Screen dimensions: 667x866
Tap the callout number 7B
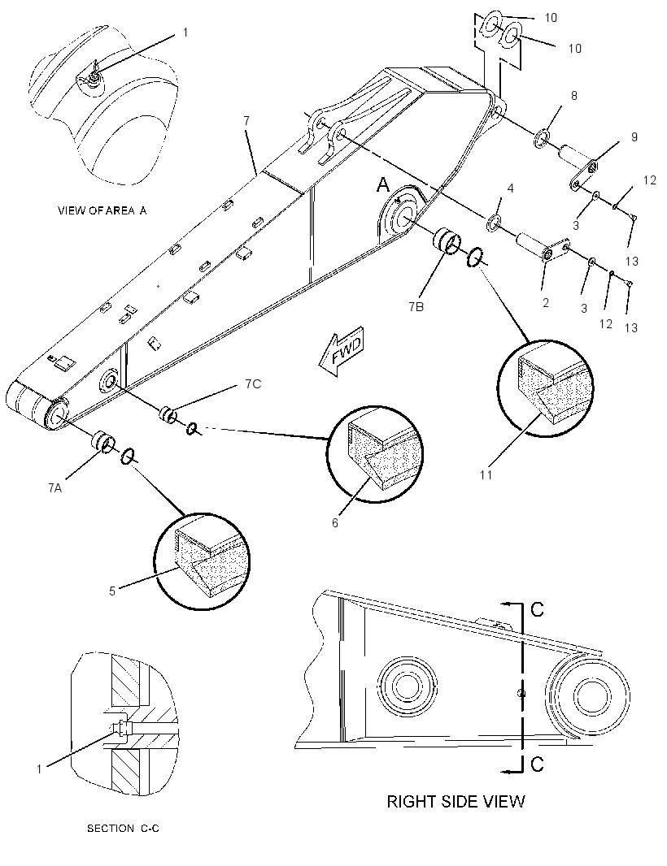(x=416, y=307)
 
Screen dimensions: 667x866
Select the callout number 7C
(x=253, y=383)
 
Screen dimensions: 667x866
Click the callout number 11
(x=486, y=474)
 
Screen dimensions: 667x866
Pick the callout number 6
(x=334, y=522)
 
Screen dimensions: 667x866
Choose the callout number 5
(x=111, y=591)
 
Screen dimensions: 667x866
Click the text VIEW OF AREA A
(x=102, y=210)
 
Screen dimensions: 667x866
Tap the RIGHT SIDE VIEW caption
(x=456, y=801)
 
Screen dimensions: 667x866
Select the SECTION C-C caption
(x=123, y=829)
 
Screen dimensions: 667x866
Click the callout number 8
(x=573, y=96)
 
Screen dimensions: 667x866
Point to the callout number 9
(x=634, y=136)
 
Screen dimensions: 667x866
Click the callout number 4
(x=510, y=188)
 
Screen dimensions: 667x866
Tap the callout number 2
(x=545, y=303)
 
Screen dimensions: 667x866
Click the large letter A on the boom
(x=383, y=185)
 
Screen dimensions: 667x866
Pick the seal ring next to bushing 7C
(x=192, y=428)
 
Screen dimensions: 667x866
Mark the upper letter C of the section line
(x=537, y=609)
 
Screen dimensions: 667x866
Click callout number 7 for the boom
(x=246, y=121)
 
